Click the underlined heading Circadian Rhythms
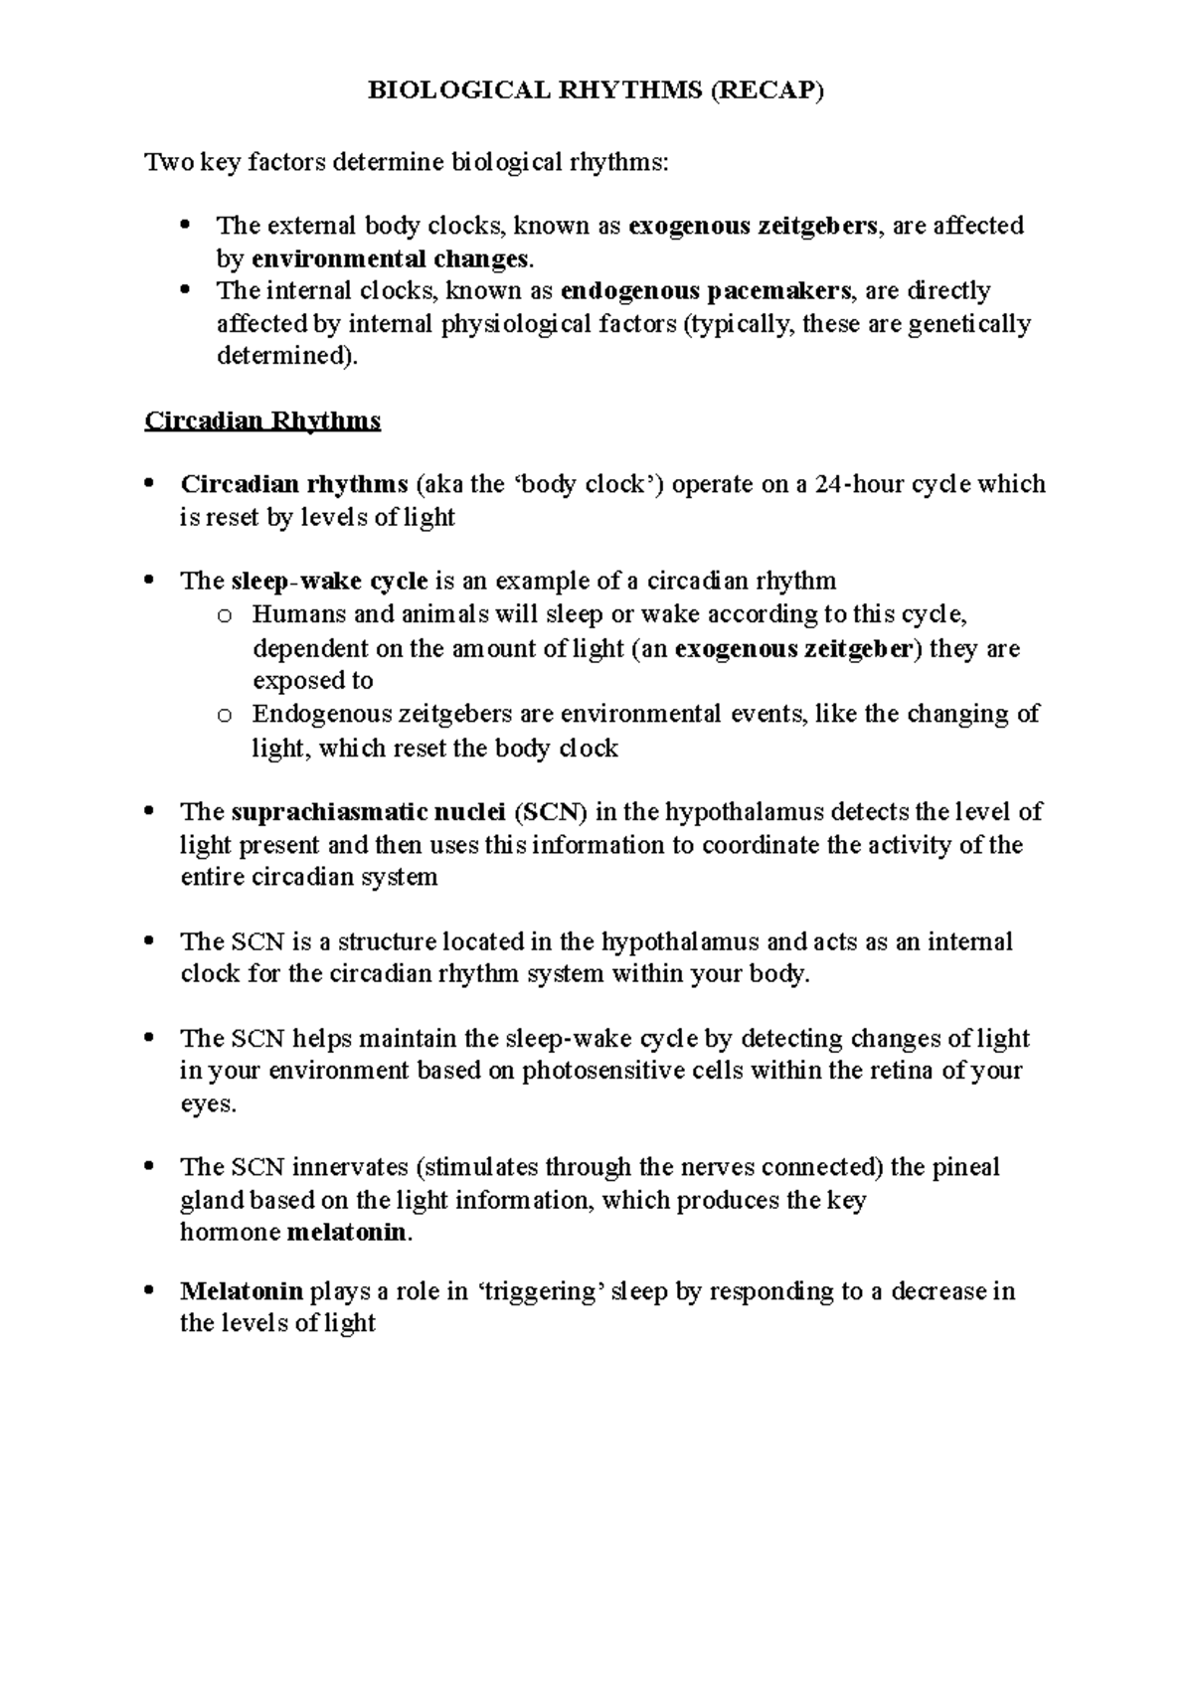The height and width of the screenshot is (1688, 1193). tap(262, 421)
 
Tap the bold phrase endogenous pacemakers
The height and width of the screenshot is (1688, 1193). tap(706, 291)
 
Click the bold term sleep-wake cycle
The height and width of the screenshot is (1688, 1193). tap(329, 581)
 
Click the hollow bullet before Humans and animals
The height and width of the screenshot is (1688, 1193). tap(225, 616)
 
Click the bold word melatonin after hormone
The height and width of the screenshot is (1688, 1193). tap(347, 1233)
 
